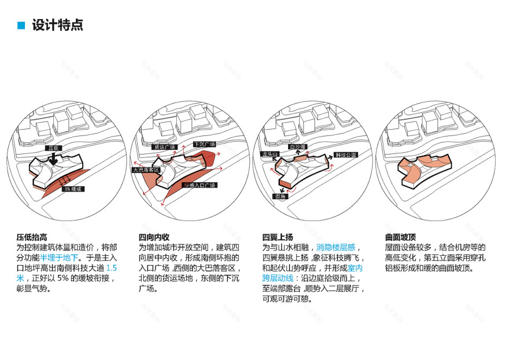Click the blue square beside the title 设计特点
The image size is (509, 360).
pos(21,25)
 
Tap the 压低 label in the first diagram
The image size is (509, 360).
pos(54,149)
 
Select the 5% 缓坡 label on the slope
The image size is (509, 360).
pos(73,189)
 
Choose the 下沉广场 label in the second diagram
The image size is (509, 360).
pos(204,144)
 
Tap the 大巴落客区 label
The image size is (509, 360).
pos(146,170)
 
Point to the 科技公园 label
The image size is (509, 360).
pos(346,155)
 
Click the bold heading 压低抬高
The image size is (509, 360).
pos(32,237)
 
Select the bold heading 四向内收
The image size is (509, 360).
pos(154,237)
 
